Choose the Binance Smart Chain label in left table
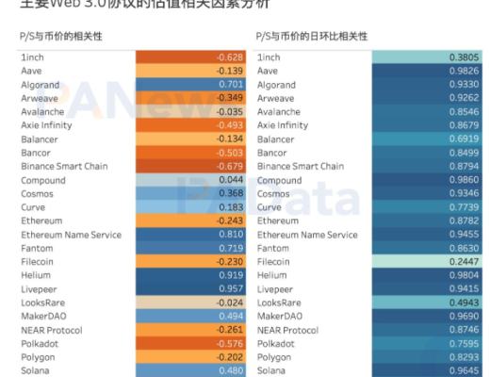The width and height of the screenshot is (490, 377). [63, 166]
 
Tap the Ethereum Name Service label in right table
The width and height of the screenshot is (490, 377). [307, 234]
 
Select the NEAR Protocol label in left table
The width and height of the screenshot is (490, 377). [53, 330]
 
